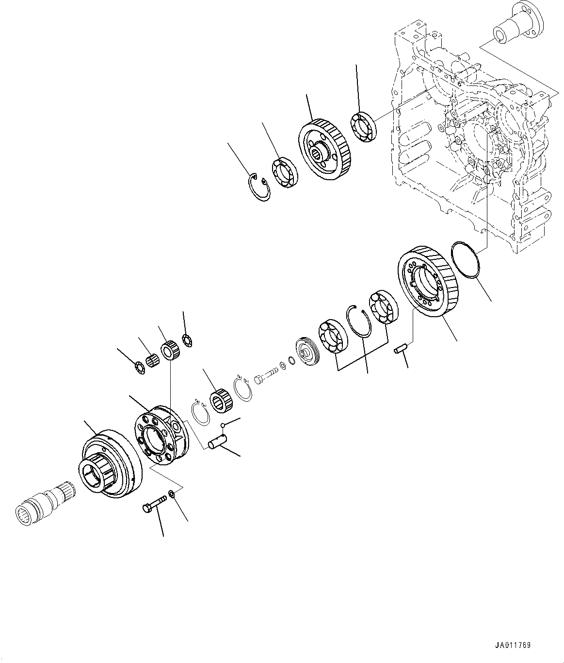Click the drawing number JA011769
[x=513, y=646]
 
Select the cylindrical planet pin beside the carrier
[x=216, y=444]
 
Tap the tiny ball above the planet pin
[x=223, y=425]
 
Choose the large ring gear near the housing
[x=426, y=282]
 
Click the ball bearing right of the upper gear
[x=364, y=127]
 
